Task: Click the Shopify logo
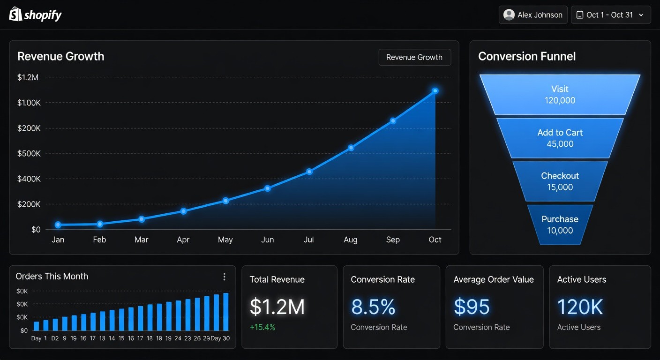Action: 36,15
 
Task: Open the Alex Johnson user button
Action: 533,15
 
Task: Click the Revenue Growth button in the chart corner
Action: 414,57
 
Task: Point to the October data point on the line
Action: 435,90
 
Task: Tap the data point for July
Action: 309,172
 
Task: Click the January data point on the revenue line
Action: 58,225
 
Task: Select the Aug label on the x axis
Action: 350,240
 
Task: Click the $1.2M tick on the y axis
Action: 28,77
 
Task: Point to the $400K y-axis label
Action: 29,179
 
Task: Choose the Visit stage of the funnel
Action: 560,94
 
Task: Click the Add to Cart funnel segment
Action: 560,138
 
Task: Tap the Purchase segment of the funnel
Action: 560,225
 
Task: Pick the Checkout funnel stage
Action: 560,181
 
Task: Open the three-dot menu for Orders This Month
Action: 224,277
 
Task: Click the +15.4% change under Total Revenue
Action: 262,327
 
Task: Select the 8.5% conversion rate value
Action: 373,307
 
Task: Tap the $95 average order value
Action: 472,307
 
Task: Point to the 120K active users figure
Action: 580,307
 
